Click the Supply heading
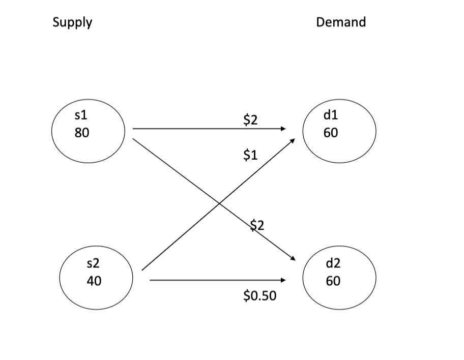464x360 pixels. (x=72, y=22)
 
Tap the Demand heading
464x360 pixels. (x=340, y=22)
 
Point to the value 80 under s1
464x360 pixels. (x=81, y=133)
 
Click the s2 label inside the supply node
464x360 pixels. (x=93, y=262)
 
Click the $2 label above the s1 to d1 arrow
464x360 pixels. (x=251, y=120)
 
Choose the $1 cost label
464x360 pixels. (x=250, y=156)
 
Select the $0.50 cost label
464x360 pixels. (x=260, y=296)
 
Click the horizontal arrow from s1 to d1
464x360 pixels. (x=204, y=129)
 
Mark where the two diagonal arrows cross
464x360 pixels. (x=220, y=203)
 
